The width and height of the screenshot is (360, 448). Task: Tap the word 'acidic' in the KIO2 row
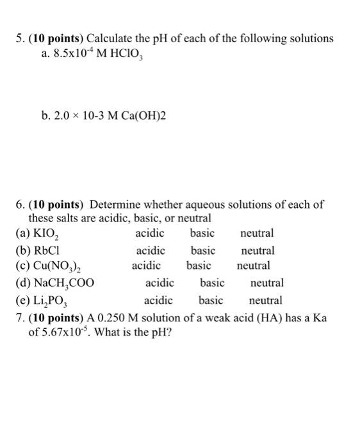(x=150, y=234)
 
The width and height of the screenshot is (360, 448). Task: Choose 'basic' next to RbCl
(x=203, y=250)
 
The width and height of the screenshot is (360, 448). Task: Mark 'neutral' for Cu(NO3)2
(x=254, y=266)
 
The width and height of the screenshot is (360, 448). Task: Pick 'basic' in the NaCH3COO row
(x=212, y=283)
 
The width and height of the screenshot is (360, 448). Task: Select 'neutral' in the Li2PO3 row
(x=265, y=300)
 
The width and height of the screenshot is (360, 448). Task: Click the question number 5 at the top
(x=19, y=38)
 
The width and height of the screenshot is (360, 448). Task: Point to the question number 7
(x=19, y=317)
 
